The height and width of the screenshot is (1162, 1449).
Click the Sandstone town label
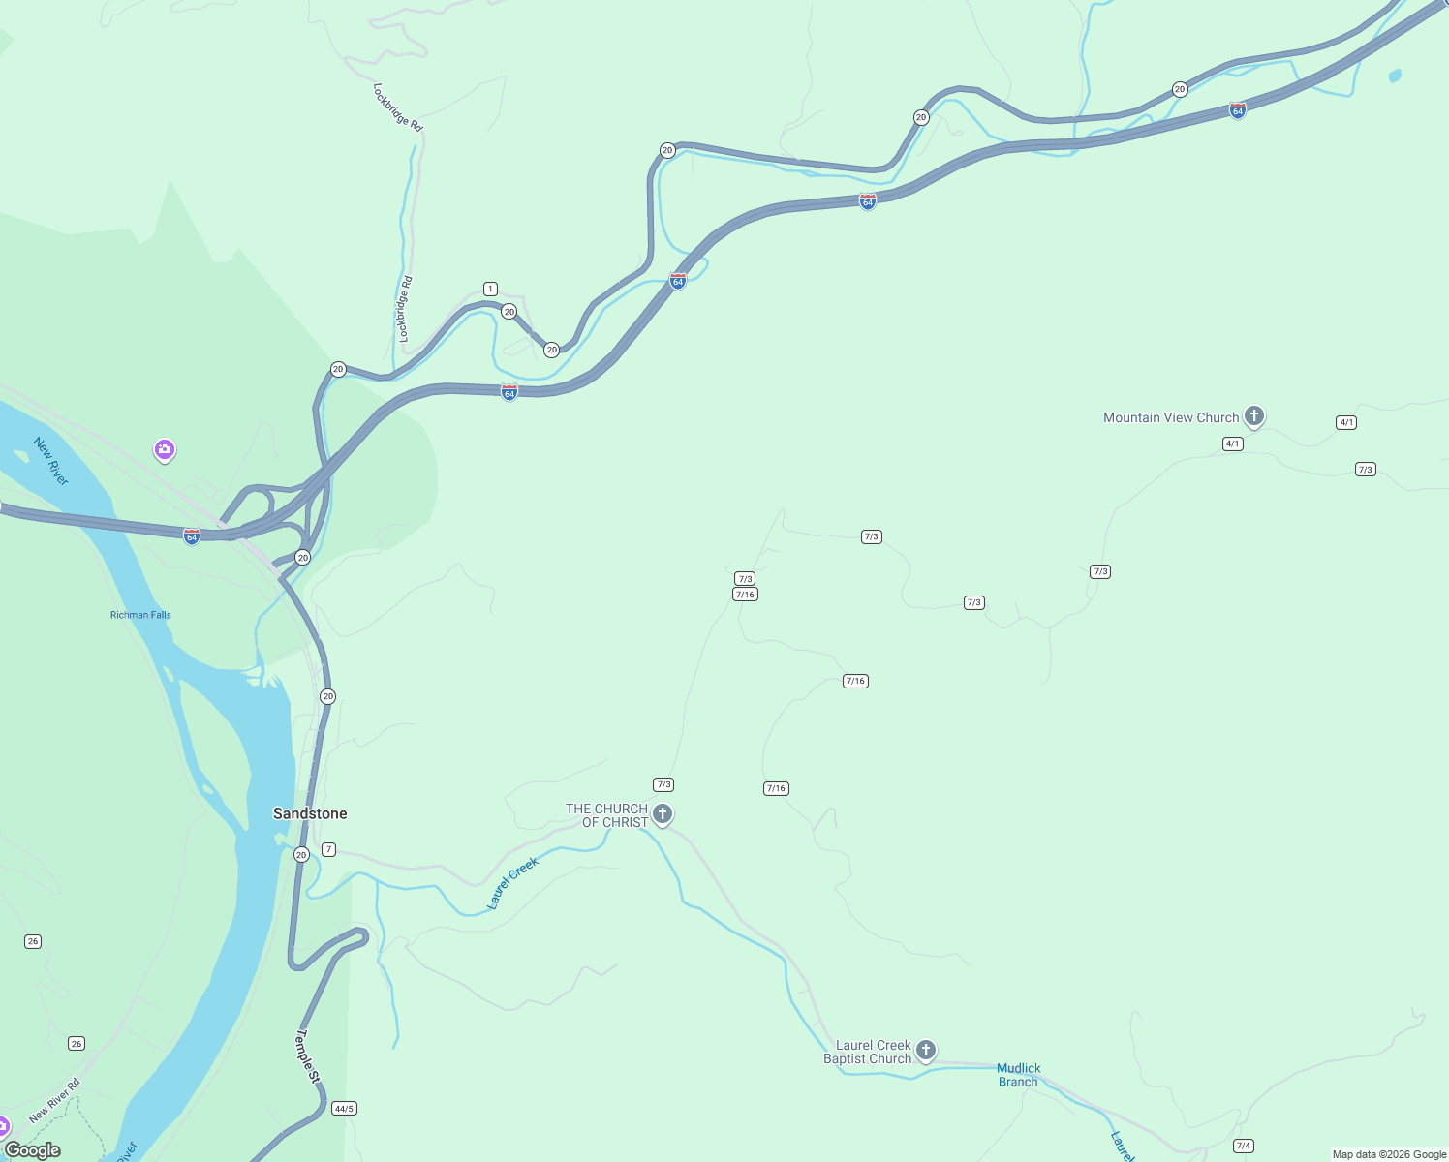tap(310, 813)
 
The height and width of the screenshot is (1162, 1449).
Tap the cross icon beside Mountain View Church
tap(1254, 416)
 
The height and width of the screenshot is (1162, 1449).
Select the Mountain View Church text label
tap(1171, 418)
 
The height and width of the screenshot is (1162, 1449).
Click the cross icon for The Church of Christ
tap(663, 813)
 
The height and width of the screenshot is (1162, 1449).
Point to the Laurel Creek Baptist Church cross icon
tap(926, 1050)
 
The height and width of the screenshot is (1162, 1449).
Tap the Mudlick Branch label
tap(1018, 1075)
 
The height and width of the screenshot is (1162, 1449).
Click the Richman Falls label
tap(140, 615)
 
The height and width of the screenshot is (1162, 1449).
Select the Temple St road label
tap(306, 1055)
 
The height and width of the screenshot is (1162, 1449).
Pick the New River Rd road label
tap(55, 1101)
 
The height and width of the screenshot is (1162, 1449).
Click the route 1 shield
tap(490, 289)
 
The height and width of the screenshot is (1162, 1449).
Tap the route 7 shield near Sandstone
tap(329, 849)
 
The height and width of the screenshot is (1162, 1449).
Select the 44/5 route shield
tap(344, 1108)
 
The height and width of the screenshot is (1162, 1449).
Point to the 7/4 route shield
tap(1244, 1146)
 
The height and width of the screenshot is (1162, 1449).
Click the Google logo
tap(32, 1150)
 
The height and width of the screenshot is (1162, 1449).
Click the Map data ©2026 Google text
tap(1389, 1154)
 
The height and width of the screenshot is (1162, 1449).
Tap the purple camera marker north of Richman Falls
tap(165, 449)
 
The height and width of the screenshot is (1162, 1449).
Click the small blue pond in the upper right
tap(1395, 75)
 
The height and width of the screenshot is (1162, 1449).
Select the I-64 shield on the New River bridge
tap(192, 535)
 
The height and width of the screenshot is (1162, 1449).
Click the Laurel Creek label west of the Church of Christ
tap(512, 883)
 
